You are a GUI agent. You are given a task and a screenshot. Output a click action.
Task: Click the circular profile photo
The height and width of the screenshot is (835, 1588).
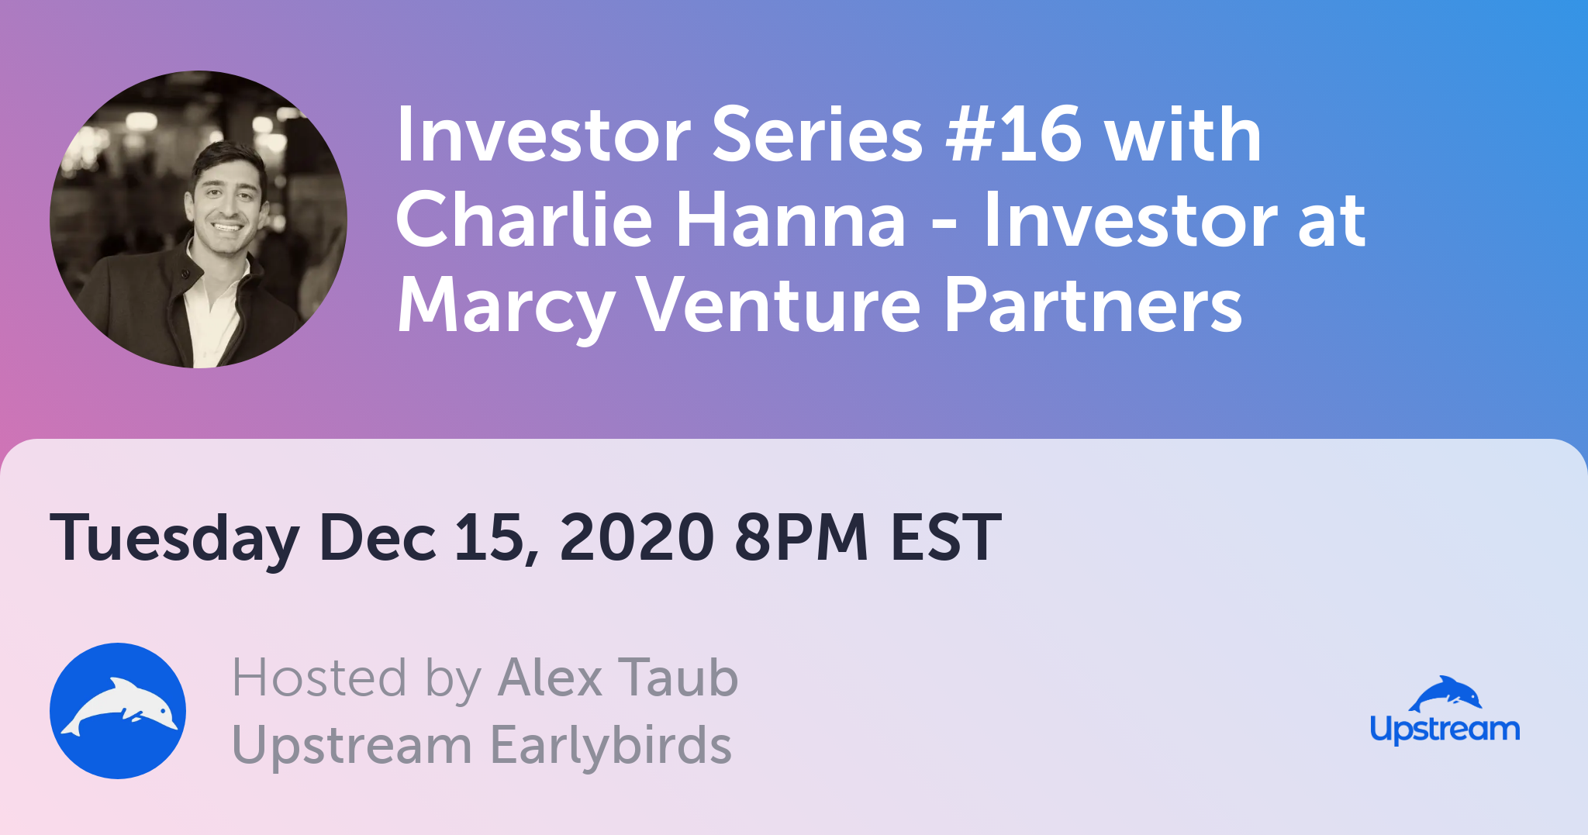(x=198, y=219)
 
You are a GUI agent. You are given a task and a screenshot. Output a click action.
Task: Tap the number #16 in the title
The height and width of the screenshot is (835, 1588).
(x=1014, y=135)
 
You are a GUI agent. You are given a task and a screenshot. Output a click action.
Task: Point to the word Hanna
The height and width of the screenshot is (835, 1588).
(x=792, y=219)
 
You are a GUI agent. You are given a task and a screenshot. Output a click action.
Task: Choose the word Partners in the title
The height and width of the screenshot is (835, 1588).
(x=1094, y=305)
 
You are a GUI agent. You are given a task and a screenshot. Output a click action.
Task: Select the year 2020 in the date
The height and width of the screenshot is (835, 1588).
(x=637, y=537)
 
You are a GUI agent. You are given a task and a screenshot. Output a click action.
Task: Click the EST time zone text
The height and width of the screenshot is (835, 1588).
(x=946, y=537)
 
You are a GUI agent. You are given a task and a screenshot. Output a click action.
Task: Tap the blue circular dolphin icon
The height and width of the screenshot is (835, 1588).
(x=118, y=711)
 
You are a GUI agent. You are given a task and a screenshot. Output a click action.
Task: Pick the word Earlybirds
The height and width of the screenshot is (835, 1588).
(x=612, y=745)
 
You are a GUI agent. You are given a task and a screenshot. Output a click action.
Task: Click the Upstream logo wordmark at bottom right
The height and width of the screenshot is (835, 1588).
(x=1445, y=730)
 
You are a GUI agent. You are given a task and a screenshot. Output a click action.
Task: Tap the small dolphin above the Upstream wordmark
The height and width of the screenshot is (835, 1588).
(x=1445, y=693)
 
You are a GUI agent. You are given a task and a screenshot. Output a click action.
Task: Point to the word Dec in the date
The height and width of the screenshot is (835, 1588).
(x=378, y=537)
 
